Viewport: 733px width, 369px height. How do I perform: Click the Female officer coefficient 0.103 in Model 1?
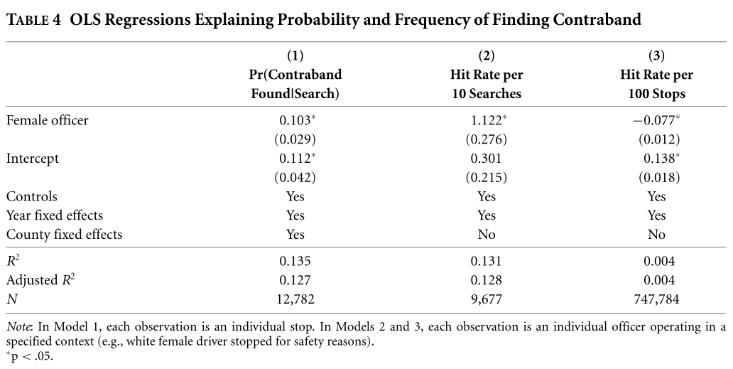(x=293, y=121)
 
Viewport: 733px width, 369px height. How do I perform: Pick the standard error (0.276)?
(x=487, y=139)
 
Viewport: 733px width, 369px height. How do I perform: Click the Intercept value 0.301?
(x=487, y=159)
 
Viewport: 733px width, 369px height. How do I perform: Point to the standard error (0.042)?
(x=295, y=177)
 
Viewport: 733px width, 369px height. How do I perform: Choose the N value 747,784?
(x=656, y=299)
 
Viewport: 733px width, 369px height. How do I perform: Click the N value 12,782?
(x=295, y=299)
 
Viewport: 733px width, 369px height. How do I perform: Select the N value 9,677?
(x=487, y=299)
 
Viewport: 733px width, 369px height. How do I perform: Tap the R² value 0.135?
(x=295, y=261)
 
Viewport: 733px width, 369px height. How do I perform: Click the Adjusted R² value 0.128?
(x=487, y=280)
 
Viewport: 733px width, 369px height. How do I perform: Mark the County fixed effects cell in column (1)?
(x=295, y=234)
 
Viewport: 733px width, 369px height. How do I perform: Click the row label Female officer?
(x=48, y=121)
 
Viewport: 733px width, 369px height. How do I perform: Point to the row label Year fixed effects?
(x=55, y=215)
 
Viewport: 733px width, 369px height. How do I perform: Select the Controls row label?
(x=32, y=196)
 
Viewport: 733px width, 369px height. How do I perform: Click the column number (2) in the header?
(x=487, y=55)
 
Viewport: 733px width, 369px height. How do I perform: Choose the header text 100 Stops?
(x=656, y=93)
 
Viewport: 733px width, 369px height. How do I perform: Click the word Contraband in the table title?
(x=592, y=19)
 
